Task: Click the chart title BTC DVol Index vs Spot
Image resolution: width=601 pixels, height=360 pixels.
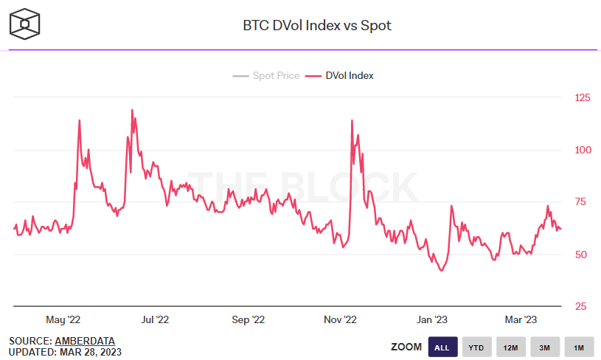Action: pos(317,25)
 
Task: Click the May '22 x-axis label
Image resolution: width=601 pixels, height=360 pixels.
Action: pos(63,320)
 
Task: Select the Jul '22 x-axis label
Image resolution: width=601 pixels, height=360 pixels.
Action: pos(155,320)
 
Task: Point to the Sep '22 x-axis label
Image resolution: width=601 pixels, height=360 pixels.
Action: pos(248,320)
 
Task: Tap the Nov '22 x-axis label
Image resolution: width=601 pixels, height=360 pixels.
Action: pos(340,320)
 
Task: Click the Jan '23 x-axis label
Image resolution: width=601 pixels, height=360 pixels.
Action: pos(431,320)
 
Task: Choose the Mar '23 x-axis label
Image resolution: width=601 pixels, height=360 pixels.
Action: pos(521,320)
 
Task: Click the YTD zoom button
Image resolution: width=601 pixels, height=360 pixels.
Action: pos(476,347)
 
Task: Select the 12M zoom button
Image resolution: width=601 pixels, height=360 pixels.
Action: pos(510,347)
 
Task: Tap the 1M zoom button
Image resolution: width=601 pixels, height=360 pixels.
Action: pos(579,347)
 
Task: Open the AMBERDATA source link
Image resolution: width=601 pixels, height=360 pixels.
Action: pos(85,341)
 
